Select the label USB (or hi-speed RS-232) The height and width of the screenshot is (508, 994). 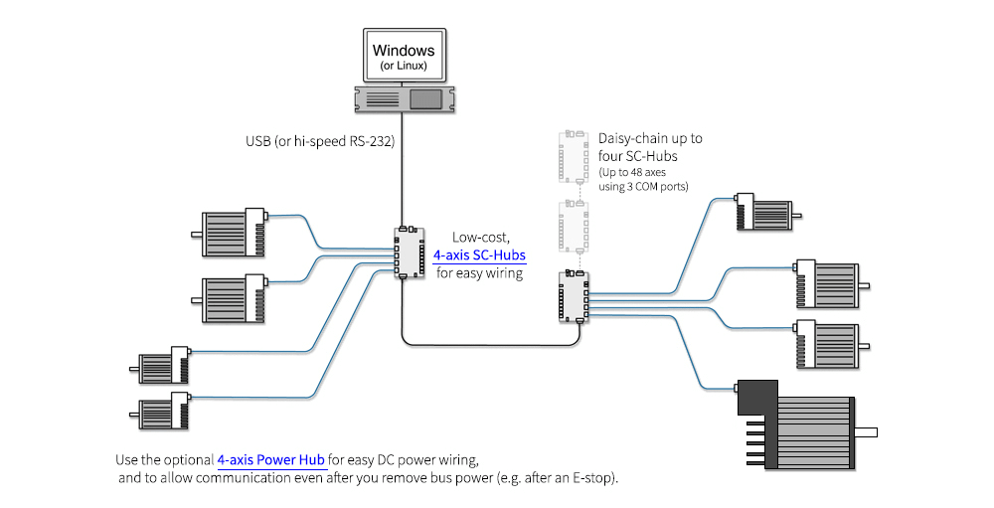pos(320,141)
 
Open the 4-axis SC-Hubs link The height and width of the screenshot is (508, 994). pos(479,254)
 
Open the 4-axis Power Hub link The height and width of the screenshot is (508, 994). pos(271,460)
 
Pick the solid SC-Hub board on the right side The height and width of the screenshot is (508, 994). pos(573,296)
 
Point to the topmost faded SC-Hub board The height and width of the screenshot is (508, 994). pos(573,156)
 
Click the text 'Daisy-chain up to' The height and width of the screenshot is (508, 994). pos(650,139)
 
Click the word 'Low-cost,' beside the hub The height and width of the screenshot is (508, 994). pos(482,237)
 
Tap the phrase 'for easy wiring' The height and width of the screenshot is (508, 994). pos(480,272)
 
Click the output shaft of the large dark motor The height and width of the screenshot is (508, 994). pos(866,431)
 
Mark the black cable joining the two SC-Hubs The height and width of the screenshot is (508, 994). pos(487,345)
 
